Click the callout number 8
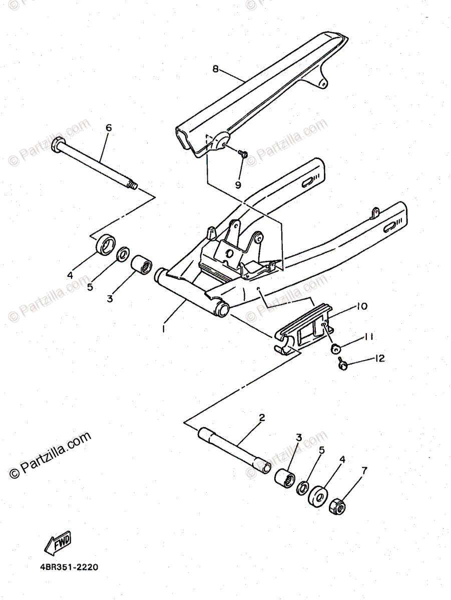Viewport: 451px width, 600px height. [216, 69]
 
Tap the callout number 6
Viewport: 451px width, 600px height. [109, 128]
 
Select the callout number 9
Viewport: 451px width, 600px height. [238, 184]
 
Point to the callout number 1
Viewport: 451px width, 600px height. [163, 328]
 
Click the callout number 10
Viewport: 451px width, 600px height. [362, 305]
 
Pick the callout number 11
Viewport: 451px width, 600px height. [369, 336]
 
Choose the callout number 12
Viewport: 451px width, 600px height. [379, 358]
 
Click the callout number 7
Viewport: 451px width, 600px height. [364, 470]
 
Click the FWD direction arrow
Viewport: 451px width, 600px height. [58, 542]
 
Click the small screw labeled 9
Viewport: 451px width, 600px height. [244, 153]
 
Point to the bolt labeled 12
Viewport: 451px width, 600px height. [342, 365]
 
